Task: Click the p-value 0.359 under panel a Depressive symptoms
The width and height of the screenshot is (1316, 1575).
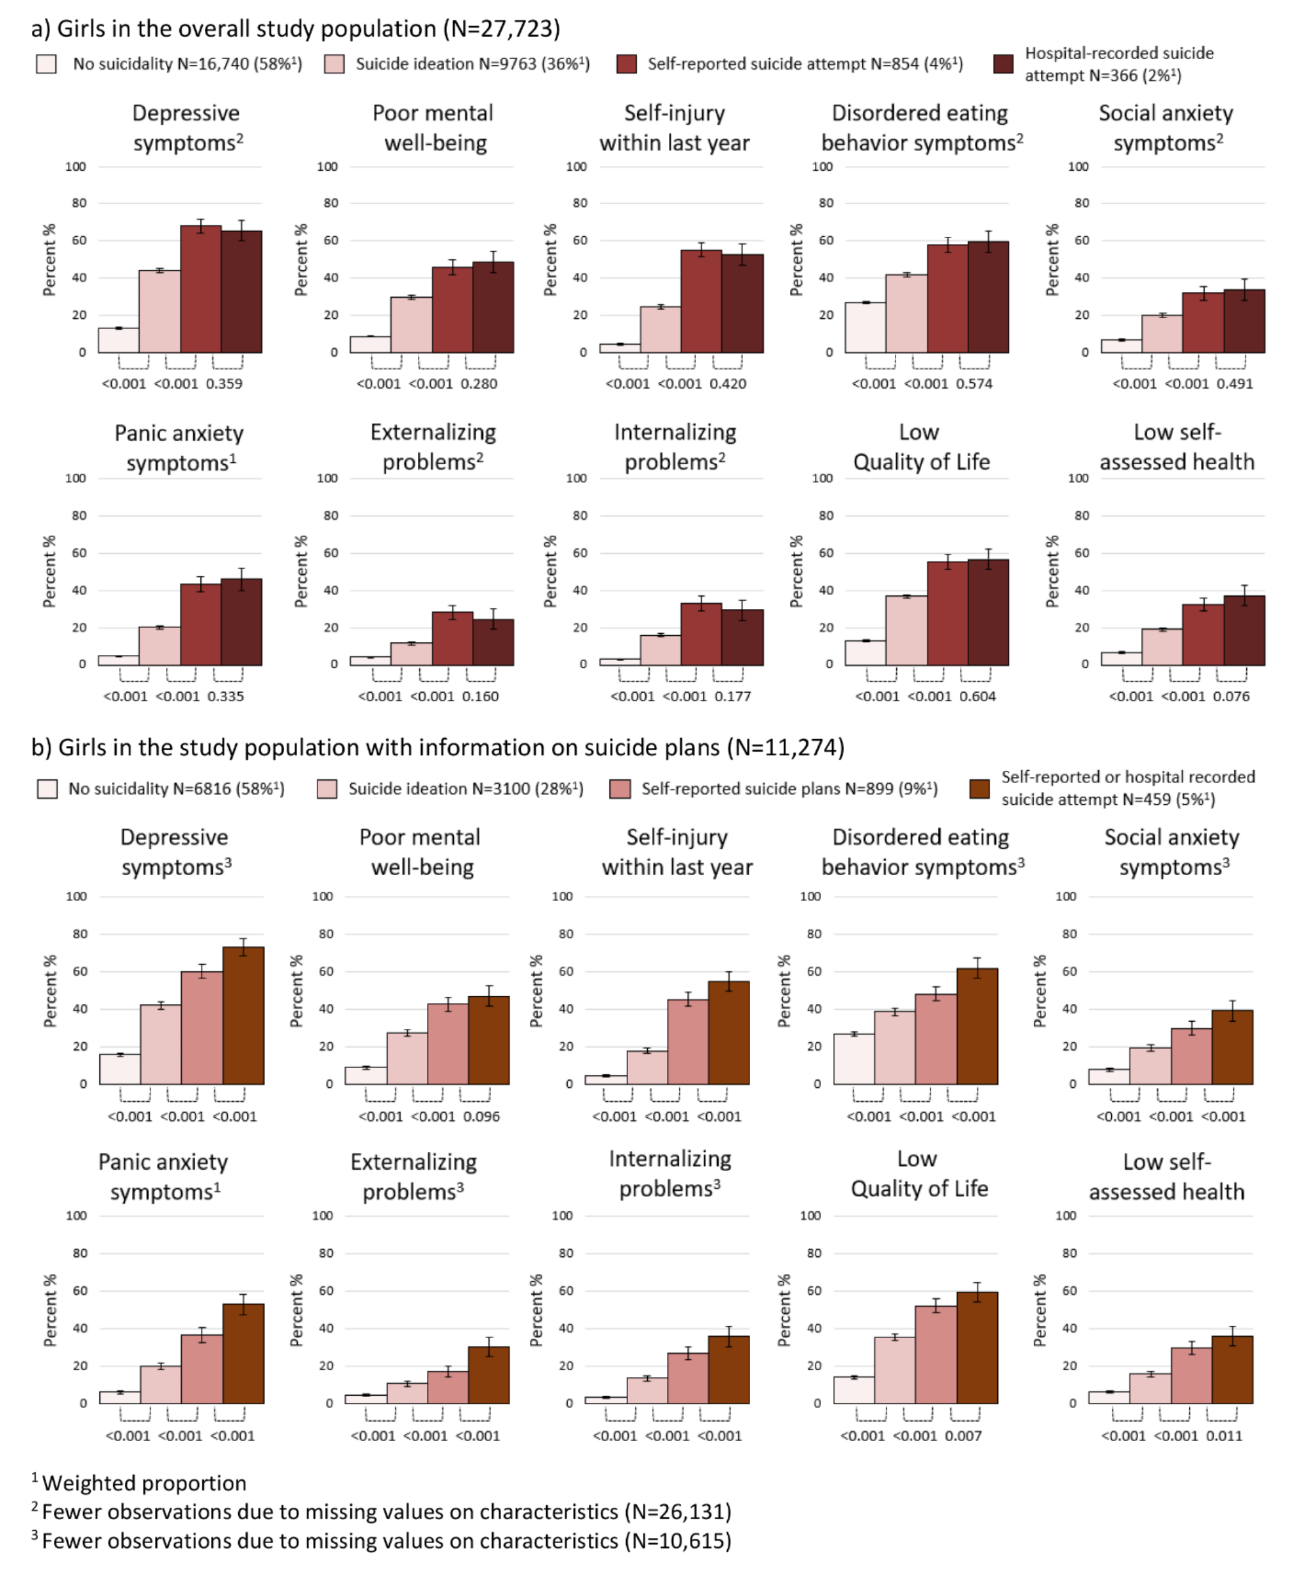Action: (x=224, y=384)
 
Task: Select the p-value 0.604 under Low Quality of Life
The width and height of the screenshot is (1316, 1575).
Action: (x=978, y=697)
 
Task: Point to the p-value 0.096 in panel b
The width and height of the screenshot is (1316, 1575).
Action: (x=481, y=1117)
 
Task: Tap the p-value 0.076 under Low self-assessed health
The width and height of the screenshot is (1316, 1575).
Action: (x=1232, y=697)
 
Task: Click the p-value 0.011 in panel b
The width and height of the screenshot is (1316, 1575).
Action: (x=1224, y=1436)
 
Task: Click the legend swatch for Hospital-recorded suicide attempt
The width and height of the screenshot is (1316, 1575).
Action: (x=1002, y=64)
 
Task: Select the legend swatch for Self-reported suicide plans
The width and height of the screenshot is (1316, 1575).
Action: (x=620, y=789)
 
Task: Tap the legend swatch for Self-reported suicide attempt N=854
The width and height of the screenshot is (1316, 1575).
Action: (x=626, y=64)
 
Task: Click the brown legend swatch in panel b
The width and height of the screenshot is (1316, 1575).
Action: (x=979, y=789)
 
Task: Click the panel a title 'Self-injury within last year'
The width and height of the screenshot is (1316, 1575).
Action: (x=674, y=128)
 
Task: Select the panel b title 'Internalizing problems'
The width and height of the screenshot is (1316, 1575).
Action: (x=670, y=1174)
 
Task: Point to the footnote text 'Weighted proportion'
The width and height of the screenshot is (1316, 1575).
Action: (x=144, y=1483)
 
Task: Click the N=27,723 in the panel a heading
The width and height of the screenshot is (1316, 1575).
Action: (x=502, y=29)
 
